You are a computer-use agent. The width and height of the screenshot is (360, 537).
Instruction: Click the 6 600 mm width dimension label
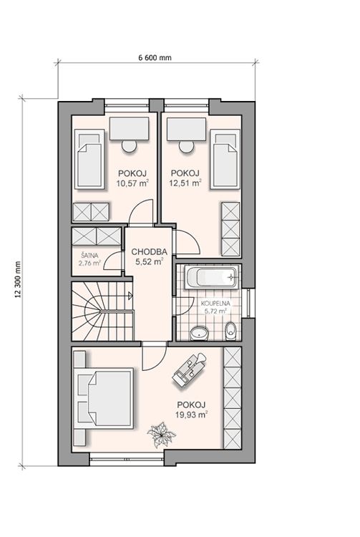[155, 57]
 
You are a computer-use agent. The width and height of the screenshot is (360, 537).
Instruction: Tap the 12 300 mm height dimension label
[18, 279]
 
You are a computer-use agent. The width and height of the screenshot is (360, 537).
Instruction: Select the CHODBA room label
[149, 252]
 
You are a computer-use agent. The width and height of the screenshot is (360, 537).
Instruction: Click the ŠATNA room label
[89, 255]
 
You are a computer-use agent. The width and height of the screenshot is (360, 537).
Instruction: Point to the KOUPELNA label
[215, 304]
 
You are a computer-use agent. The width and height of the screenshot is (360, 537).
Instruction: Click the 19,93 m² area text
[192, 415]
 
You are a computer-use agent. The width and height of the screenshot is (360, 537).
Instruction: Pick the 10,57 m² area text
[132, 183]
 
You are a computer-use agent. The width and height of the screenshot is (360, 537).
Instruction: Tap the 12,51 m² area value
[185, 183]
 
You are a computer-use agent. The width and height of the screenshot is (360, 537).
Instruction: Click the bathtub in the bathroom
[211, 276]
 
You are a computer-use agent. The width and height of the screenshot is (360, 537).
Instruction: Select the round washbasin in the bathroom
[199, 333]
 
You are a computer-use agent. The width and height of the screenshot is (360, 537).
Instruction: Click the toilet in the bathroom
[231, 331]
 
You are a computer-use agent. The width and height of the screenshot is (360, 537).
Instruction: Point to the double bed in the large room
[105, 398]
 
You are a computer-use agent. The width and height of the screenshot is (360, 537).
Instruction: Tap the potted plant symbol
[161, 435]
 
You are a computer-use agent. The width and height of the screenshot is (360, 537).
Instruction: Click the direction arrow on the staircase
[130, 296]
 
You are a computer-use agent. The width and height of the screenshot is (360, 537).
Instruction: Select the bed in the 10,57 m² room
[89, 159]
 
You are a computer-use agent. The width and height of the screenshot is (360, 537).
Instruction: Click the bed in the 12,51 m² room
[225, 159]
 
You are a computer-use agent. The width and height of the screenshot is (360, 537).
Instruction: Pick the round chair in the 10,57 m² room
[130, 146]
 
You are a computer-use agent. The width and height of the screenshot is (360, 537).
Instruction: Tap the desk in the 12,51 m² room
[187, 129]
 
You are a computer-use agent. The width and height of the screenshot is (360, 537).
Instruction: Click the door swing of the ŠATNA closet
[113, 261]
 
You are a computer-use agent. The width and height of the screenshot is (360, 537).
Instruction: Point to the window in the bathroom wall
[248, 303]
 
